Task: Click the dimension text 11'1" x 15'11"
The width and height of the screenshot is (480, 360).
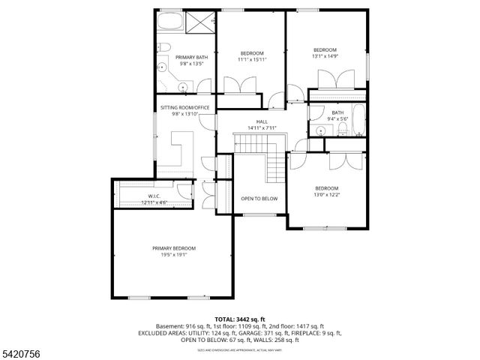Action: (x=251, y=59)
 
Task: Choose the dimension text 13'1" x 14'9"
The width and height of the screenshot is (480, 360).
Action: (x=325, y=55)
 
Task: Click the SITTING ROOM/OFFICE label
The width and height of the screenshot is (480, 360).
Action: (x=181, y=107)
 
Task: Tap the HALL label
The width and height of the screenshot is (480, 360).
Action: (x=262, y=121)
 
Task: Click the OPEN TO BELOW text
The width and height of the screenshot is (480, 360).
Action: (x=259, y=199)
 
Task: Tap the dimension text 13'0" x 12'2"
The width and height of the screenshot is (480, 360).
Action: (x=326, y=194)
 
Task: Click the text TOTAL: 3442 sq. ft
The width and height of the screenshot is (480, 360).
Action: (x=239, y=319)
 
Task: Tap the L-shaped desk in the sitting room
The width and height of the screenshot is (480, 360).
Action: (x=182, y=147)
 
